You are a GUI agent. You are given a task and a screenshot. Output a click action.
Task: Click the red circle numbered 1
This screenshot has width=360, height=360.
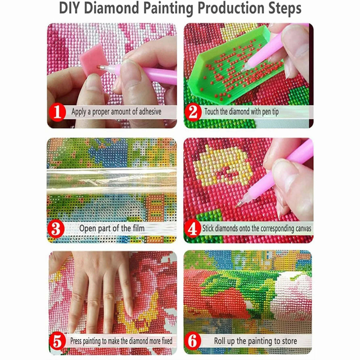click(57, 112)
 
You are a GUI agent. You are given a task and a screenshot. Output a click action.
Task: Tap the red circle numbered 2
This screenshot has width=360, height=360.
click(193, 112)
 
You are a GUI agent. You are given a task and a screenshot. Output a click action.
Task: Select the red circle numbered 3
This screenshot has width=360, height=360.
click(56, 229)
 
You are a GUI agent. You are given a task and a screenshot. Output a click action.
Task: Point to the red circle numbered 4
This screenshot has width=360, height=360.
click(192, 228)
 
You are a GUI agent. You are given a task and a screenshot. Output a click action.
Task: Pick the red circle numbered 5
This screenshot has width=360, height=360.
click(57, 341)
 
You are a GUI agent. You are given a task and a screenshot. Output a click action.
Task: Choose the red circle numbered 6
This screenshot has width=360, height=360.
click(193, 341)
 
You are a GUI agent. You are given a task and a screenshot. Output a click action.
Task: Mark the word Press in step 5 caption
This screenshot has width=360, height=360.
click(76, 341)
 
